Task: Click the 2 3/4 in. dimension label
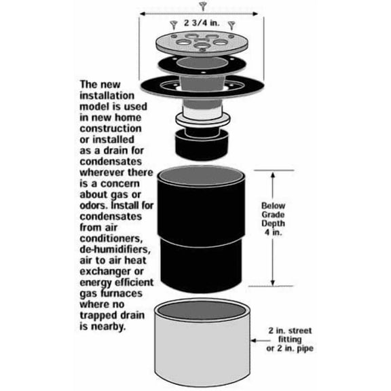coord(202,23)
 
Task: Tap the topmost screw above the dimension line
coord(203,6)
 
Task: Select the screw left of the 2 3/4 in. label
coord(174,25)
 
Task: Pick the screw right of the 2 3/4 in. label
coord(231,25)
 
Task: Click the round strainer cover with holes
coord(202,43)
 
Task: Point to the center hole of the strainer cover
coord(202,45)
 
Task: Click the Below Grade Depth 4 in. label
coord(273,219)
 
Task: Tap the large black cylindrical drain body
coord(201,229)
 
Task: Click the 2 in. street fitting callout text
coord(290,339)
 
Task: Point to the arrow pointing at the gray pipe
coord(261,340)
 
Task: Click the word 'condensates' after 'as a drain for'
coord(111,162)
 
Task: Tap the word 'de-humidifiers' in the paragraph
coord(115,249)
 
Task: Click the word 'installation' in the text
coord(107,96)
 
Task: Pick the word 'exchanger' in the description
coord(105,272)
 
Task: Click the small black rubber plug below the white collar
coord(202,144)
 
